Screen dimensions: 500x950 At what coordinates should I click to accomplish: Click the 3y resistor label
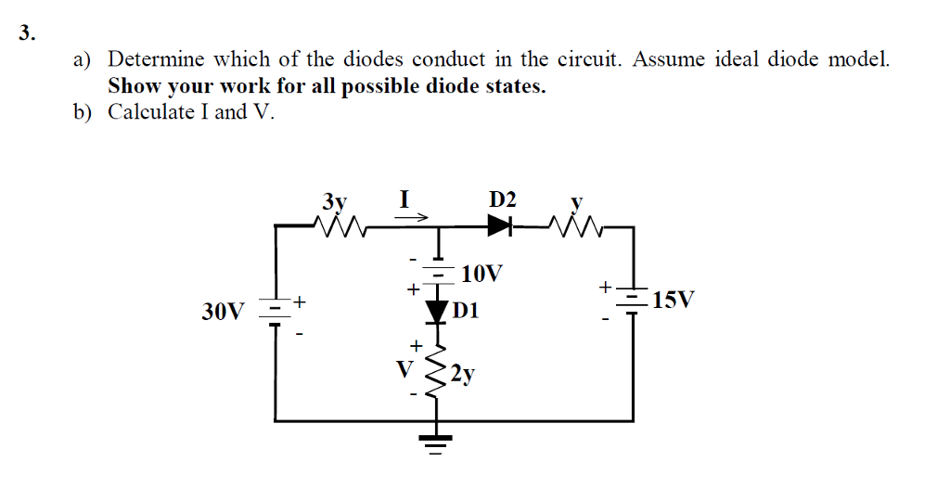(334, 201)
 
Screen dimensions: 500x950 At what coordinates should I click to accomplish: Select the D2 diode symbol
(501, 224)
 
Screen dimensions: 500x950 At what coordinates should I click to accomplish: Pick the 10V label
(482, 274)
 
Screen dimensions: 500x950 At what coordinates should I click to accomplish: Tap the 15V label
(673, 301)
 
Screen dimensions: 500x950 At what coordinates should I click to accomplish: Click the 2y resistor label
(463, 374)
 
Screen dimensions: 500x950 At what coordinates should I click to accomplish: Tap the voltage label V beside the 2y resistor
(403, 367)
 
